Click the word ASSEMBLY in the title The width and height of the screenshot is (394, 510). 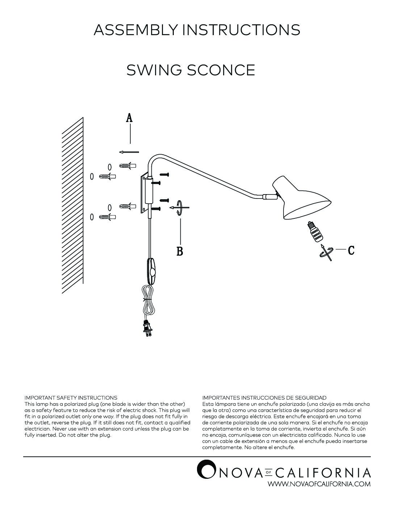tap(136, 30)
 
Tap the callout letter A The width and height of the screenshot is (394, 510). tap(129, 118)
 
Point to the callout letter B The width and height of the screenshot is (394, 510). tap(180, 251)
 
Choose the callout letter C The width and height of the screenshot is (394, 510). tap(351, 250)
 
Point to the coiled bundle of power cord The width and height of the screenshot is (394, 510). tap(149, 301)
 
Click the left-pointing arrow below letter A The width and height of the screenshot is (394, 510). tap(129, 152)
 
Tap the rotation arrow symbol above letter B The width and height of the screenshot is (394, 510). tap(180, 208)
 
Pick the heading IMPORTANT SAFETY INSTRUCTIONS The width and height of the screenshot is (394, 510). tap(71, 398)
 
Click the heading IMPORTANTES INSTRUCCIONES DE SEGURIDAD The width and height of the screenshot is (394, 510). tap(264, 398)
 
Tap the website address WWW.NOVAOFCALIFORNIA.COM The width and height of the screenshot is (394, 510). tap(319, 484)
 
